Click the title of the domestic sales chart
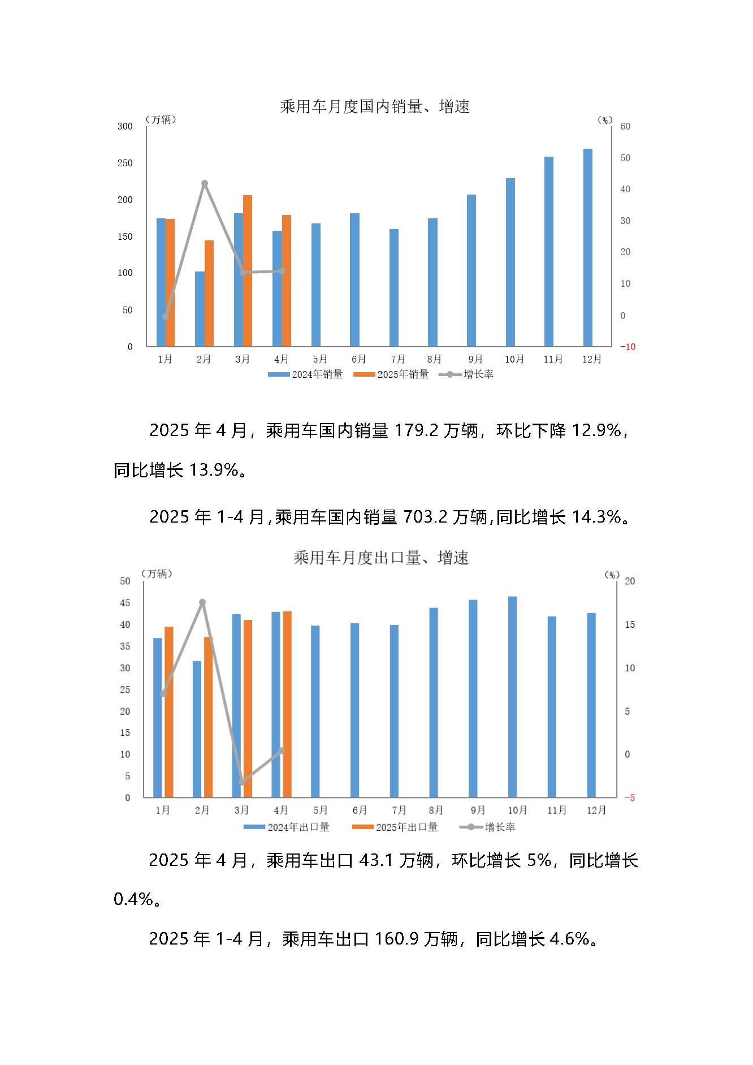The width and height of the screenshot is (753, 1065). pos(375,106)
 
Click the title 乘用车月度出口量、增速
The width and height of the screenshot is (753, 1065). pos(380,558)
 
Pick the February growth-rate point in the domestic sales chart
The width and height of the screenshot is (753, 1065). pos(205,183)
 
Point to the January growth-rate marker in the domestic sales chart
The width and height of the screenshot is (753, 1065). pos(166,317)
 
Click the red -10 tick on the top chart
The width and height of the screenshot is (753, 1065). pos(627,347)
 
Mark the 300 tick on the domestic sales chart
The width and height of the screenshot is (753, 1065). pos(125,126)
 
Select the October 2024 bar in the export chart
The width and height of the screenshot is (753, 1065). pos(512,697)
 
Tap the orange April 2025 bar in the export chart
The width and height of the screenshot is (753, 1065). pos(287,704)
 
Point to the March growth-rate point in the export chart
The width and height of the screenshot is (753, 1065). pos(242,782)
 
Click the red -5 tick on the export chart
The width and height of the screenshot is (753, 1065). pos(630,797)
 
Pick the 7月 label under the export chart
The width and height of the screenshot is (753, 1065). pos(399,810)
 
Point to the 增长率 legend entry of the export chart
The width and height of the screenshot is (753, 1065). pos(500,827)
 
